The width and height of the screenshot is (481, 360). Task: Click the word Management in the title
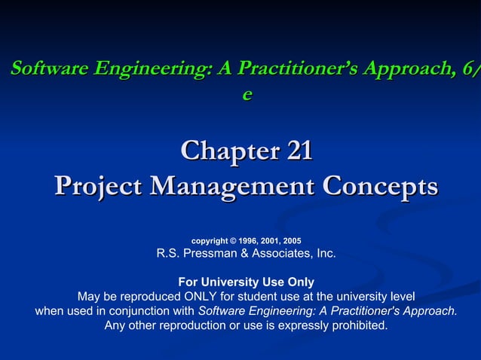(x=234, y=186)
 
